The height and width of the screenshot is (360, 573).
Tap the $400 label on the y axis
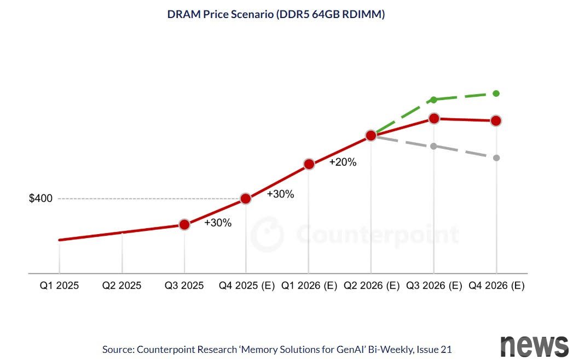click(40, 199)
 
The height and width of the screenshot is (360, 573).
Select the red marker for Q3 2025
click(184, 224)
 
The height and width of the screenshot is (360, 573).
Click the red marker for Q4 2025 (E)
click(246, 199)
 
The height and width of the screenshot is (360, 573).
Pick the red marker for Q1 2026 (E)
click(309, 164)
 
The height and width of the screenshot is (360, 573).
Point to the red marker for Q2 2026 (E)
click(371, 135)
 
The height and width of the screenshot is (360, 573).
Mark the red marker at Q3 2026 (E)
click(434, 118)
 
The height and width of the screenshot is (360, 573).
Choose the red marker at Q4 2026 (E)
click(496, 120)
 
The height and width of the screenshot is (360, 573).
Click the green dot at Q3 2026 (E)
click(434, 100)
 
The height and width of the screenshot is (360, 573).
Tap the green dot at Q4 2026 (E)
click(496, 94)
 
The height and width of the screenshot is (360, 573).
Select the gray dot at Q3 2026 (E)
click(434, 146)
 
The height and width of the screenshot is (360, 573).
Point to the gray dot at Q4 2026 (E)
click(496, 158)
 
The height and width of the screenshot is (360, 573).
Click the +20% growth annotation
click(343, 162)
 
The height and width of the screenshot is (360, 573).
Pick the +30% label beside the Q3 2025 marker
click(218, 223)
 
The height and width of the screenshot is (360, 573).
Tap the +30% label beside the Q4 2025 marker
click(281, 194)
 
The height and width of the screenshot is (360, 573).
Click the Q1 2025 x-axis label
click(59, 286)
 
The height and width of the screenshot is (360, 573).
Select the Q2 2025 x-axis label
click(121, 286)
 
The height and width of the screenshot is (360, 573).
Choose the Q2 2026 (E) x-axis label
click(372, 286)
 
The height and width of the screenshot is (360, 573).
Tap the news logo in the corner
click(534, 346)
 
